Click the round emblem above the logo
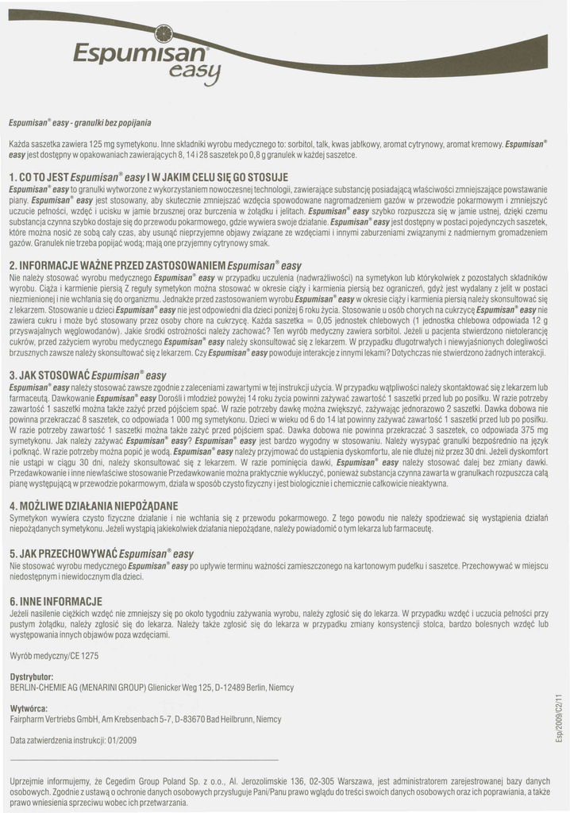point(164,33)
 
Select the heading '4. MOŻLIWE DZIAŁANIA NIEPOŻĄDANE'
point(94,505)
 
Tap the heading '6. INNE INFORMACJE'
point(55,600)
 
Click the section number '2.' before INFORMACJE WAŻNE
point(13,265)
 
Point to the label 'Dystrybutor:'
point(30,676)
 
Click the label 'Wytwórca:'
point(28,708)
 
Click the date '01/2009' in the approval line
point(121,739)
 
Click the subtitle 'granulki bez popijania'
point(111,124)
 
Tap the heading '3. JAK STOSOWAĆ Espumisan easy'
point(87,374)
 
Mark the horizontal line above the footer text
point(144,761)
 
